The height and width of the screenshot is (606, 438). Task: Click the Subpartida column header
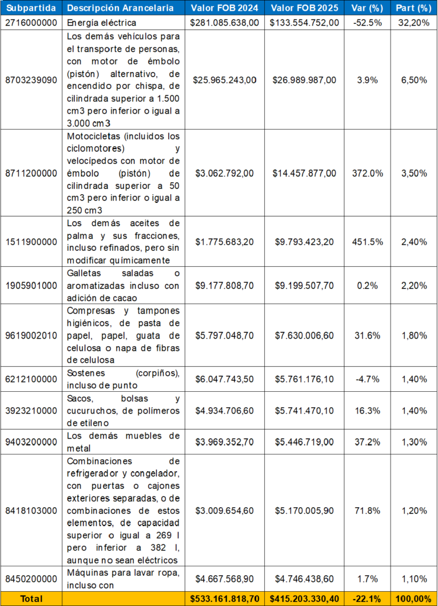click(x=31, y=8)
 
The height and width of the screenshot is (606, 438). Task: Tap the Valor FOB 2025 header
click(x=304, y=8)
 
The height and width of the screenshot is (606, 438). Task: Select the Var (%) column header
click(x=367, y=8)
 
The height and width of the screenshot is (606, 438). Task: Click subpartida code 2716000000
click(x=31, y=22)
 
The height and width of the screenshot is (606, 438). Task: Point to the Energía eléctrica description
click(x=101, y=22)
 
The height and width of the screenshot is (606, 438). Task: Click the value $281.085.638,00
click(x=225, y=22)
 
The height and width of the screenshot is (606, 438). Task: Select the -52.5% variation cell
click(x=367, y=22)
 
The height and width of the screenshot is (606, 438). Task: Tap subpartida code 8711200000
click(x=31, y=173)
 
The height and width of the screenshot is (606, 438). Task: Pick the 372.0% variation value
click(x=367, y=173)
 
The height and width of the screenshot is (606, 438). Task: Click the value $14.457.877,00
click(x=304, y=173)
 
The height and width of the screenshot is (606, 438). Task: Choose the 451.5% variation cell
click(x=367, y=241)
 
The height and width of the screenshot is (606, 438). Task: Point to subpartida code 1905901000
click(x=31, y=285)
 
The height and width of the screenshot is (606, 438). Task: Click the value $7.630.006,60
click(x=304, y=336)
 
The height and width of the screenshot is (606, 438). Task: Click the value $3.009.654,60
click(x=225, y=510)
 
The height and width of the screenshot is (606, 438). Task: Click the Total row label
click(x=31, y=598)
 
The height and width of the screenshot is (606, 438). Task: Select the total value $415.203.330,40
click(x=304, y=598)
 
